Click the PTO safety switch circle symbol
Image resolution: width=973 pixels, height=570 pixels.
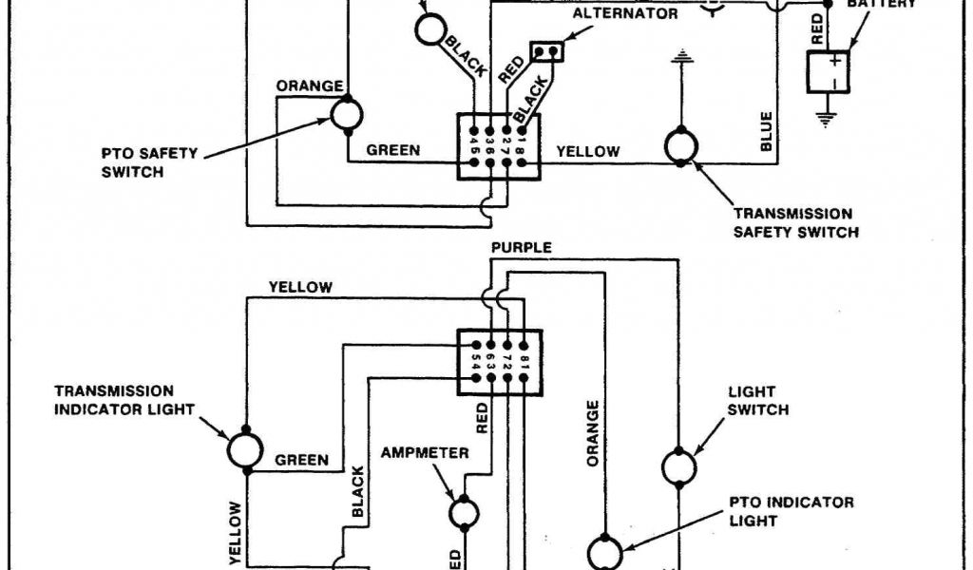(x=346, y=115)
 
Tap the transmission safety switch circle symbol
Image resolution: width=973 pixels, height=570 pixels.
(x=681, y=145)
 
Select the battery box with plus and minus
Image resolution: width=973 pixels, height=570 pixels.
(x=827, y=71)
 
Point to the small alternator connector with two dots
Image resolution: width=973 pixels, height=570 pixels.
(x=548, y=50)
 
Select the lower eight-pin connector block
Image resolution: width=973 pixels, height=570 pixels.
(x=499, y=361)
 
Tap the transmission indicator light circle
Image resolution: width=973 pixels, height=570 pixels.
(x=245, y=449)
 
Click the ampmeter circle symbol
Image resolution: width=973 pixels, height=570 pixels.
(x=464, y=512)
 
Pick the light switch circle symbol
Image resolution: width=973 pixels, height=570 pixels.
(x=678, y=467)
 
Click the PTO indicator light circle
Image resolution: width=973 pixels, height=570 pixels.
(x=605, y=552)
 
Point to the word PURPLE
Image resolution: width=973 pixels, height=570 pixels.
(x=521, y=248)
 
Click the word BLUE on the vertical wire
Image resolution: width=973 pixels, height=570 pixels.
(x=767, y=131)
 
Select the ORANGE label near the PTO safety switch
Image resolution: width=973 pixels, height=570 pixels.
(x=310, y=86)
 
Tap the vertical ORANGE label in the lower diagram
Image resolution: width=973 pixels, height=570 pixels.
(x=593, y=433)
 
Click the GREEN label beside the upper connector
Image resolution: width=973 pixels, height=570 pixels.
(x=393, y=150)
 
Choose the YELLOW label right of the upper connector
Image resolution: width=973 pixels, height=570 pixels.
(x=588, y=151)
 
